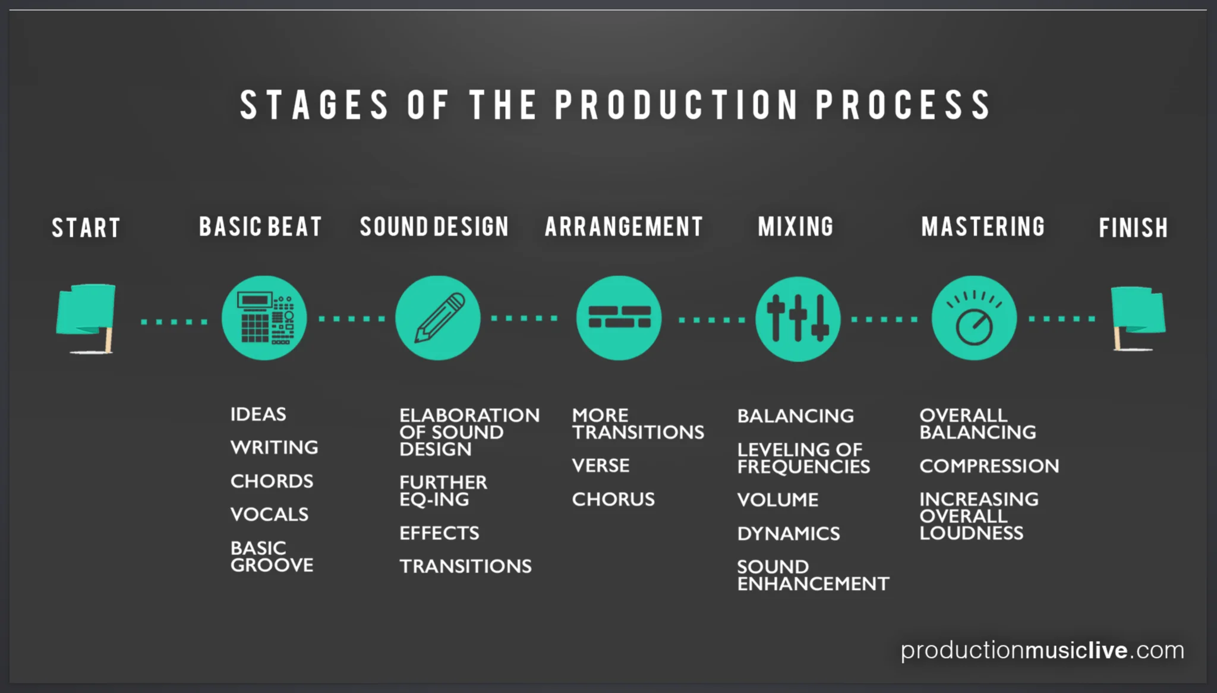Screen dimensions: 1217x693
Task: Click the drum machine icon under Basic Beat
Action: pos(264,318)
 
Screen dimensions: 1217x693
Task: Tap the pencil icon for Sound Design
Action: pos(438,318)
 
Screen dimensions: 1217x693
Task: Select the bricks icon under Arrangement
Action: pos(619,318)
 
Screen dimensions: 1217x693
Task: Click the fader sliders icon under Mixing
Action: pos(798,319)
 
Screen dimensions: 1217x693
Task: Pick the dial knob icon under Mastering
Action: pos(974,318)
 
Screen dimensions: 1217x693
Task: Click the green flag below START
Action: pos(86,319)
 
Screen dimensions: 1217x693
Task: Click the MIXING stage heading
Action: pos(796,226)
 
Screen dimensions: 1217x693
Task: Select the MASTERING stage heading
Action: pos(983,226)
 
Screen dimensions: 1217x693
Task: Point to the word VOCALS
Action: pos(269,514)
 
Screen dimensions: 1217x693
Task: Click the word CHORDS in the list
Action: pos(272,481)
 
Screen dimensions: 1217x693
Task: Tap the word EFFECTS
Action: pos(439,533)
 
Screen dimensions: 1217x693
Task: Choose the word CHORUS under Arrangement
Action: pos(613,499)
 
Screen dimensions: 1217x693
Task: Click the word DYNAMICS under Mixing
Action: pos(789,534)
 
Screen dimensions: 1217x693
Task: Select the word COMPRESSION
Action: pos(989,466)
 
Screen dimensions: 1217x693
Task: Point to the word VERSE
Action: pos(601,465)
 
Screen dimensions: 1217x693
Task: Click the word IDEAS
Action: pos(258,414)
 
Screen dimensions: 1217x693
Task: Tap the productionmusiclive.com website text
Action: pos(1042,650)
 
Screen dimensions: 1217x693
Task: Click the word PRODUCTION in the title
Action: pos(677,105)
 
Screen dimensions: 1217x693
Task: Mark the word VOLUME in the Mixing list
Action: pos(778,500)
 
